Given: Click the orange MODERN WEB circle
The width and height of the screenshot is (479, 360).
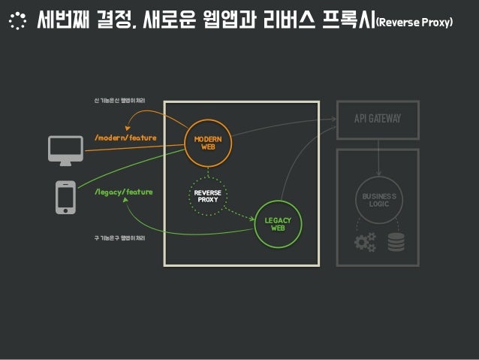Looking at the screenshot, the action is pyautogui.click(x=208, y=144).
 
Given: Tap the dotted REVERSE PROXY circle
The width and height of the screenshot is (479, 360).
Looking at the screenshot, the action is pyautogui.click(x=207, y=195).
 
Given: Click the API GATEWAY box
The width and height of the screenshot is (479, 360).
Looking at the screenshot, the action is pyautogui.click(x=378, y=119).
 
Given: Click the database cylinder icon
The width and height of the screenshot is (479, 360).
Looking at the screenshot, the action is pyautogui.click(x=395, y=242).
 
